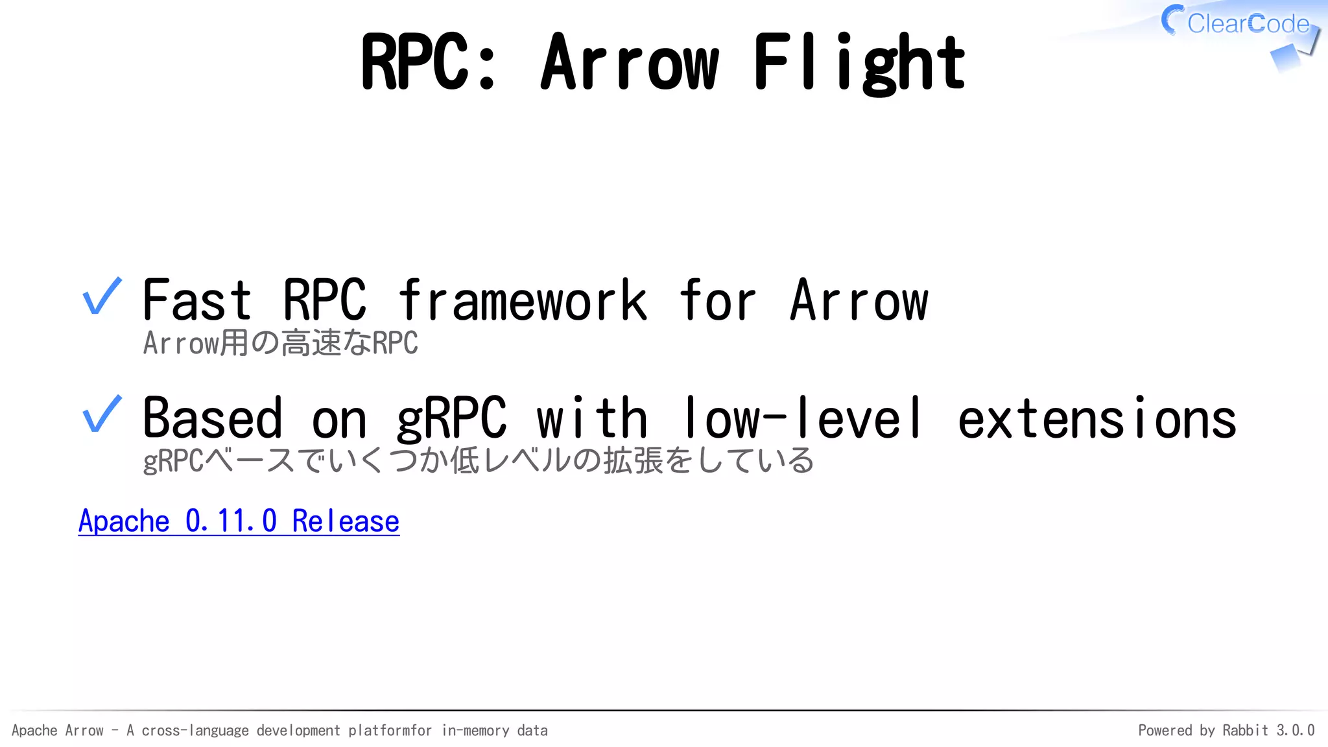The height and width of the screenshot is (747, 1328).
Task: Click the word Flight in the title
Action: [x=859, y=63]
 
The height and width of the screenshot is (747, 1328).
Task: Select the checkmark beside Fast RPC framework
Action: [x=102, y=297]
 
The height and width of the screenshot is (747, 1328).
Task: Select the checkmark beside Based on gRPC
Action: [x=102, y=415]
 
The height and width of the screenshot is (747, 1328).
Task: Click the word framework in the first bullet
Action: [x=523, y=300]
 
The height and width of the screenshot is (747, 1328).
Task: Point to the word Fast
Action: [x=196, y=300]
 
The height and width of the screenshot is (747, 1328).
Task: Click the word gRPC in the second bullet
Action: [x=451, y=419]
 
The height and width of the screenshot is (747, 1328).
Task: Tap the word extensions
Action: [x=1097, y=419]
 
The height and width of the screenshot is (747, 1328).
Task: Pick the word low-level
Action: [x=803, y=419]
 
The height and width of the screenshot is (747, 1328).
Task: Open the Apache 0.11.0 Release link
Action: [x=239, y=521]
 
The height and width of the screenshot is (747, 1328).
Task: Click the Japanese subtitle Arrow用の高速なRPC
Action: [x=280, y=343]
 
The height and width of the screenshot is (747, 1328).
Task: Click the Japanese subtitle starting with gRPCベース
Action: [x=478, y=461]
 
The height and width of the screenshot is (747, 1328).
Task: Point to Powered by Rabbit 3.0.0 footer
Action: [x=1226, y=730]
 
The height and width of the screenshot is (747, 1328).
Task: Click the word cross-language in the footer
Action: [x=195, y=731]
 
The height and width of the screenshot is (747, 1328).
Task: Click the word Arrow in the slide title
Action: [x=630, y=63]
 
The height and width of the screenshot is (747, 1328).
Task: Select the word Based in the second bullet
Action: [x=212, y=419]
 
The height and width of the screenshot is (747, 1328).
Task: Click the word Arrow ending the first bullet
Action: [x=859, y=300]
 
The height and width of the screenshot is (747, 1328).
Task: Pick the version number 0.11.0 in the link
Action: [x=231, y=521]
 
